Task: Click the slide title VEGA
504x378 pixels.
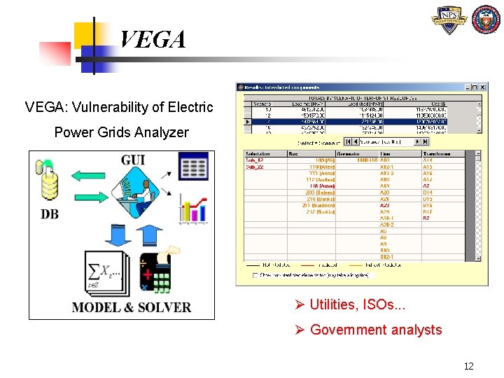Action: point(153,39)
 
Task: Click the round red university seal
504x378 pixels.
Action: point(485,20)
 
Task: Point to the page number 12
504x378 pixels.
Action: point(468,366)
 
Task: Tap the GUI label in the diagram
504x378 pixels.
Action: point(133,160)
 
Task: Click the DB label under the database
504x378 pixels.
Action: point(50,214)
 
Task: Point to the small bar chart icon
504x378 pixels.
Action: point(193,208)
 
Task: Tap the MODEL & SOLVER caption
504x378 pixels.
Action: point(132,307)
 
